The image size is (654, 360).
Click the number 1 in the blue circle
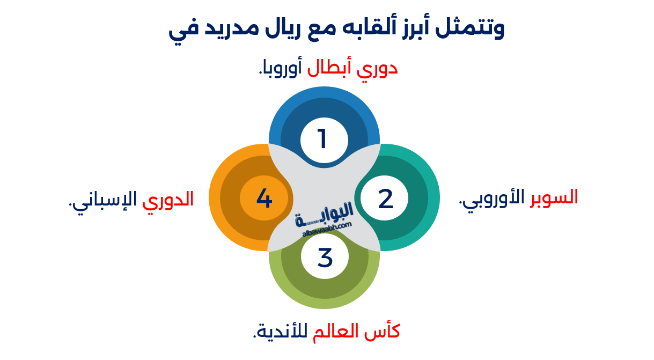pos(322,139)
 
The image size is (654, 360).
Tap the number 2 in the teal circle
pos(385,199)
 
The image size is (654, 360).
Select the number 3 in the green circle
pos(325,257)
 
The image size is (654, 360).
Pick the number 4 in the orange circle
pos(264,199)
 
